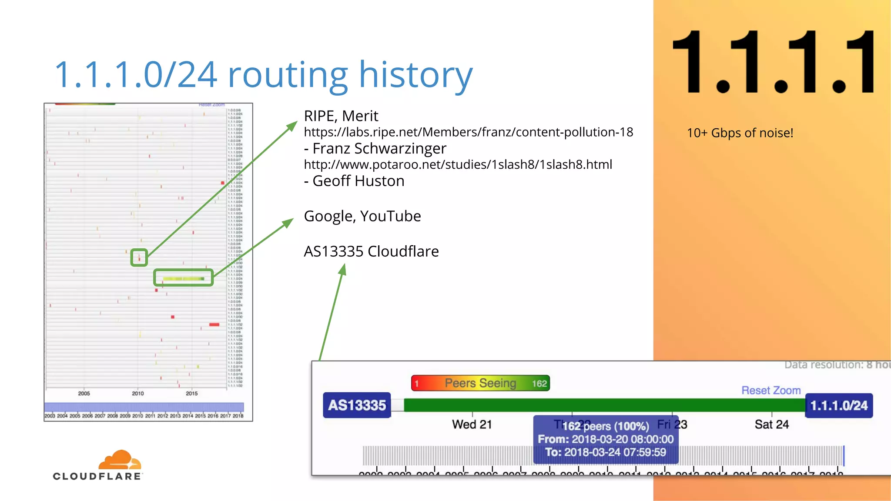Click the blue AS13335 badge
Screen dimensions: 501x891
coord(357,405)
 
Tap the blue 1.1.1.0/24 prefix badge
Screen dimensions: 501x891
coord(838,405)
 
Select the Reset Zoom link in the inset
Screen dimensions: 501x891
coord(770,390)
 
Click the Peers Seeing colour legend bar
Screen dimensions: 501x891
coord(480,383)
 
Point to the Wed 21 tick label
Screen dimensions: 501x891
coord(472,424)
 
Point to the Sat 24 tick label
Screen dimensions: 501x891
coord(771,424)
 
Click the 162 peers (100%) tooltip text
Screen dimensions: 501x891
coord(605,426)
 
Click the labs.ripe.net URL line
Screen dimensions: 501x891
coord(468,132)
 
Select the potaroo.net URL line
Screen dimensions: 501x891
coord(458,164)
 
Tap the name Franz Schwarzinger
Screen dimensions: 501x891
coord(379,148)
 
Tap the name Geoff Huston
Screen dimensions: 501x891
coord(358,181)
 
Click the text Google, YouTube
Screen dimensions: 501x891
coord(362,216)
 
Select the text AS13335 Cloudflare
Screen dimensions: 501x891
coord(371,251)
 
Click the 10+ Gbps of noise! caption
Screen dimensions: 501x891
coord(740,133)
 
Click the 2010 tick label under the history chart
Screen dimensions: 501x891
coord(137,393)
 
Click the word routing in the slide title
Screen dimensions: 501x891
coord(288,75)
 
